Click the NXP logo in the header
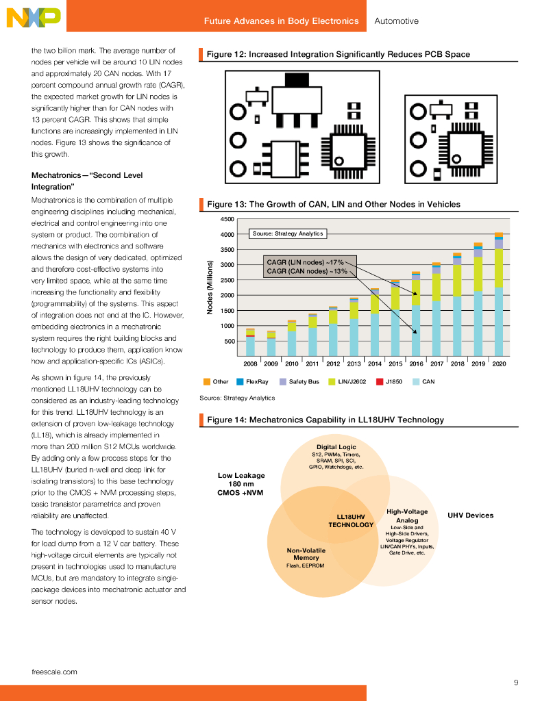[32, 18]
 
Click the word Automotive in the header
[396, 21]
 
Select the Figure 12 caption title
[338, 54]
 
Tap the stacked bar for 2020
[498, 294]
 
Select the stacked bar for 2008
[250, 342]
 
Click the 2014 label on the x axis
[375, 364]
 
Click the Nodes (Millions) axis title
[210, 288]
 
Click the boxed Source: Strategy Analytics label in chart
[287, 233]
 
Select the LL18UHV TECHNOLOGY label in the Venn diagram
[351, 521]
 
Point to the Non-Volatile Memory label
[306, 554]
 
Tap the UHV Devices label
[470, 515]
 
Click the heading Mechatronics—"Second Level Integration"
[87, 181]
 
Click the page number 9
[516, 682]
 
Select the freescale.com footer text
[54, 672]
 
